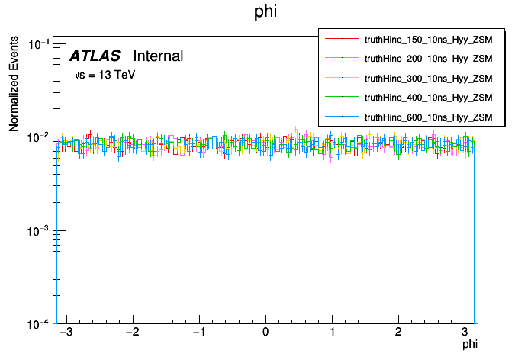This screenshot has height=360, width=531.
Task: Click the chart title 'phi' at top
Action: coord(265,12)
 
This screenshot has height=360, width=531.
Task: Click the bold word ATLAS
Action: coord(95,56)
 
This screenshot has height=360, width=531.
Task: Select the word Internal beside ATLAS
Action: coord(158,56)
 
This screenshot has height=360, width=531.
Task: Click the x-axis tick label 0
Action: coord(265,333)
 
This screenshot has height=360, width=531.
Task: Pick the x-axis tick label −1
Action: coord(197,333)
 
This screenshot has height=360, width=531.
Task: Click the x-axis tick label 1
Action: coord(332,333)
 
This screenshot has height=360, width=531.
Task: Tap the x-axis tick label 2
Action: coord(398,333)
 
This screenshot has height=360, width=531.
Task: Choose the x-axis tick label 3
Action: coord(465,333)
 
